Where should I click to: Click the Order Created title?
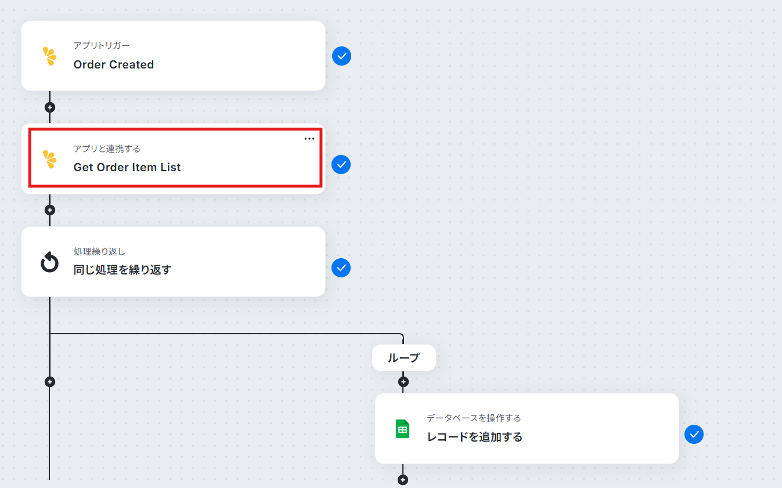click(113, 64)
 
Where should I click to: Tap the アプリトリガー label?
click(102, 45)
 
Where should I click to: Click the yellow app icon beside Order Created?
click(49, 56)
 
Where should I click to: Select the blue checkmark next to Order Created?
click(341, 56)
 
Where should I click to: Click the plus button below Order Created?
click(50, 107)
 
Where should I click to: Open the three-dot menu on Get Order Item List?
click(309, 139)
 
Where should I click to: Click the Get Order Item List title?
click(127, 168)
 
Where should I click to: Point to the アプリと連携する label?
click(107, 149)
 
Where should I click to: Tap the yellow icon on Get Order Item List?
click(49, 159)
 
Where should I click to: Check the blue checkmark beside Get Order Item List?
click(341, 164)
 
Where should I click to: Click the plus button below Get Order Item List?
click(50, 210)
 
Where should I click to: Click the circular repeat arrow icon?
click(49, 262)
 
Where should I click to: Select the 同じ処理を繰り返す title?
click(122, 270)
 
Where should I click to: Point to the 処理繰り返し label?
click(99, 251)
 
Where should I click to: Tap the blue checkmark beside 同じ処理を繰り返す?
click(341, 268)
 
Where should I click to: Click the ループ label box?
click(404, 358)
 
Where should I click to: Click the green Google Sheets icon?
click(402, 429)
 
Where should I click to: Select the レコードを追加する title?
click(474, 437)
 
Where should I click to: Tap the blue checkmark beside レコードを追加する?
click(694, 434)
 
